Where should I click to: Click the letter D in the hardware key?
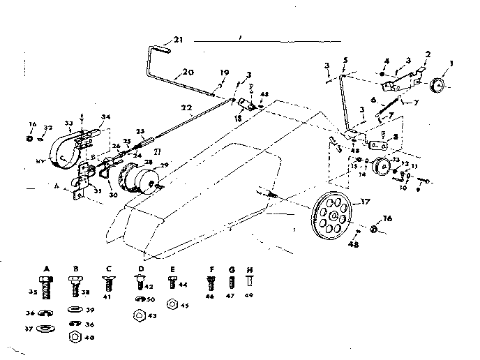142,267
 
